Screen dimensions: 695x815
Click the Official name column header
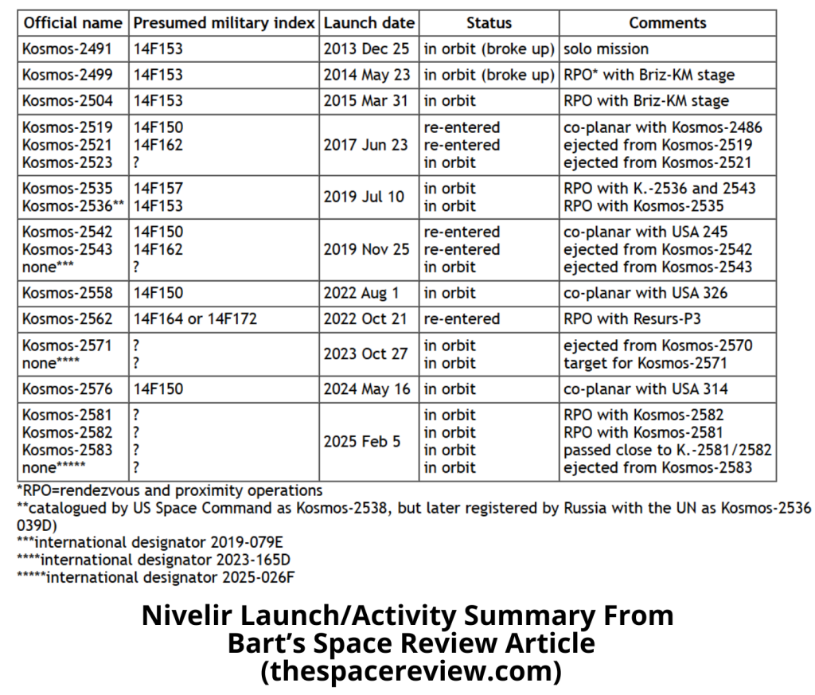click(73, 22)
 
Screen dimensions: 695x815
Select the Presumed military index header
click(224, 22)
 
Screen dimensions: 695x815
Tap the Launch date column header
click(369, 22)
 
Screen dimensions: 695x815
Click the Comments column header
click(667, 22)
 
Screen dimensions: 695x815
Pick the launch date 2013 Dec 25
click(366, 49)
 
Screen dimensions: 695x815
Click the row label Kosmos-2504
click(68, 101)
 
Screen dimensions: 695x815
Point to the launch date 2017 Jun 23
click(366, 145)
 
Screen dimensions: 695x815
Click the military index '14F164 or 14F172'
click(196, 318)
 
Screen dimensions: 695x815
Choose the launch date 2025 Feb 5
click(361, 440)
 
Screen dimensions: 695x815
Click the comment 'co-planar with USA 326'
click(645, 292)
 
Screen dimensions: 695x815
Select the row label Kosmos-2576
click(68, 389)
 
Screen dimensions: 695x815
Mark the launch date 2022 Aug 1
click(362, 292)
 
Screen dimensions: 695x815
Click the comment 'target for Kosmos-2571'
click(646, 363)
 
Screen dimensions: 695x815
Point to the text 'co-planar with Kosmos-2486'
click(662, 127)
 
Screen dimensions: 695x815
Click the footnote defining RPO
click(170, 490)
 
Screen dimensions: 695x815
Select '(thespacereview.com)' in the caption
click(411, 670)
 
